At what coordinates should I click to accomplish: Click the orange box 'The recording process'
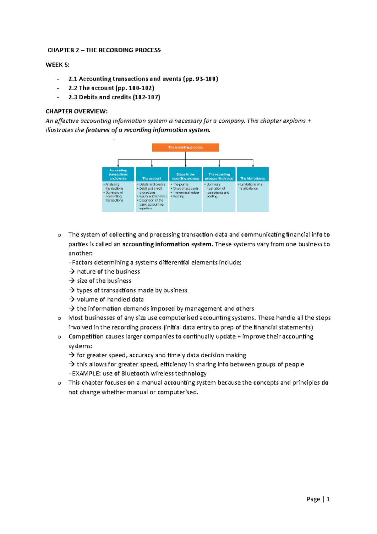click(185, 147)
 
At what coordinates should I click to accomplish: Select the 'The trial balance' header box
click(253, 178)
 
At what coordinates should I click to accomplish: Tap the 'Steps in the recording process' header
click(185, 176)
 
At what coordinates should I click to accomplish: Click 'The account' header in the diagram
click(152, 178)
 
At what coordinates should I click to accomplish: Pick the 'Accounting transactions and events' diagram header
click(118, 174)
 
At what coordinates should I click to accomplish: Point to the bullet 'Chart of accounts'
click(186, 188)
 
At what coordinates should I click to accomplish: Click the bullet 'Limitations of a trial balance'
click(251, 186)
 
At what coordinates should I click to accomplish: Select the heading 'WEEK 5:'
click(57, 65)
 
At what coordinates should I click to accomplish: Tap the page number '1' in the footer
click(328, 499)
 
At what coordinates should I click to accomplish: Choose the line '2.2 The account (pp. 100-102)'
click(111, 88)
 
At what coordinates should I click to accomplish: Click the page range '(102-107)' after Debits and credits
click(146, 97)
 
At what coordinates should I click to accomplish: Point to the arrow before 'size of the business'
click(72, 281)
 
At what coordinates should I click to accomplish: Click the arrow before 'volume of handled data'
click(72, 299)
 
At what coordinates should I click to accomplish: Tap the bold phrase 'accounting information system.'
click(167, 244)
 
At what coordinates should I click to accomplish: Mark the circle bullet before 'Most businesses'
click(59, 319)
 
